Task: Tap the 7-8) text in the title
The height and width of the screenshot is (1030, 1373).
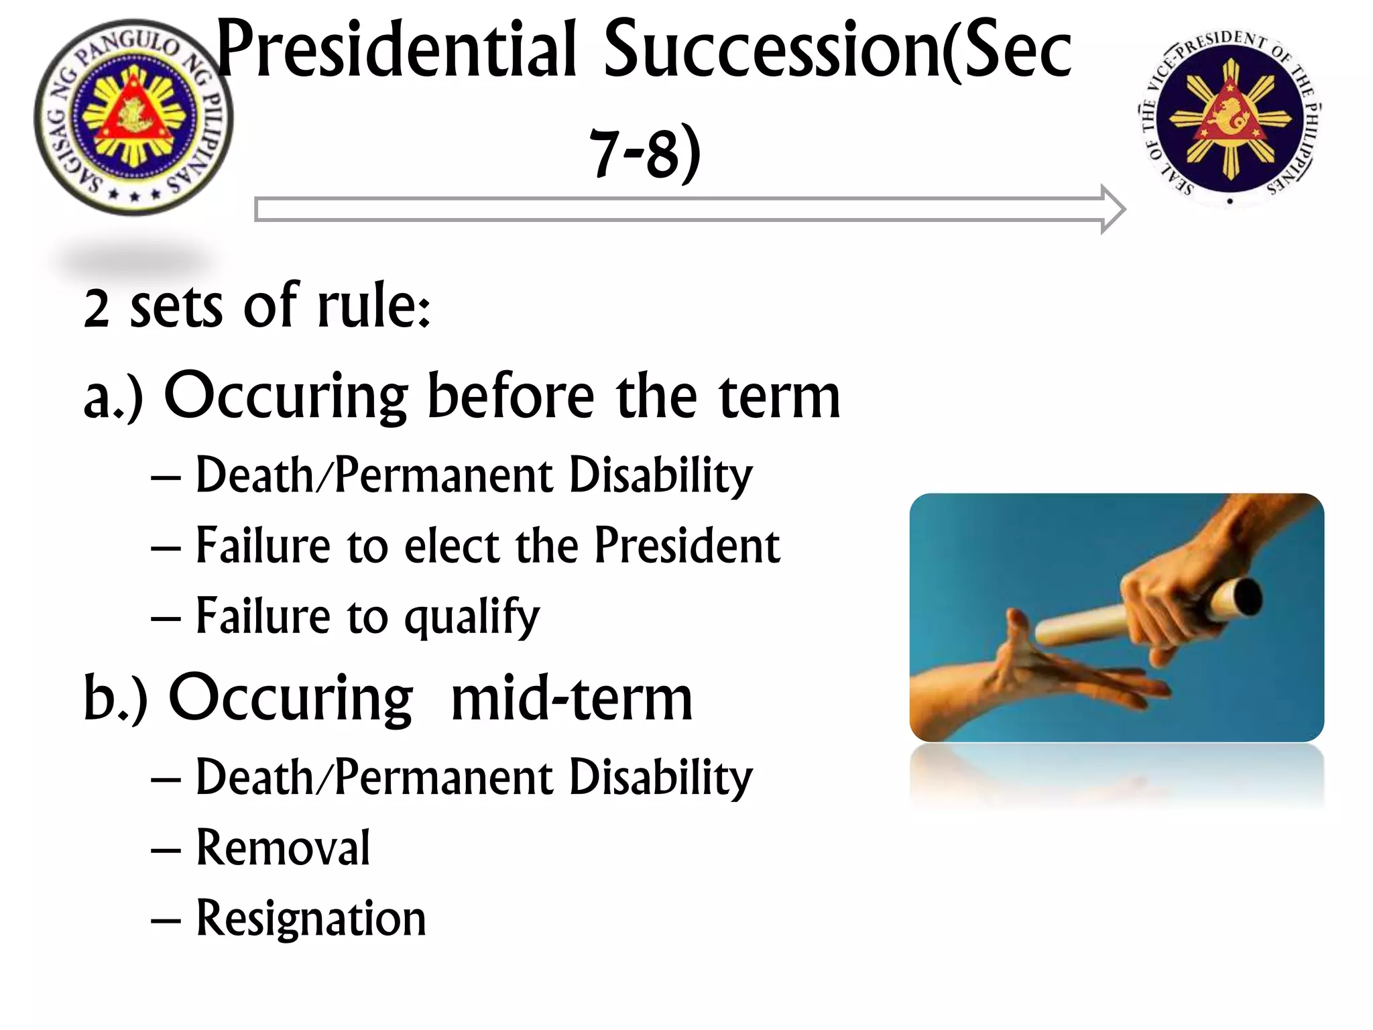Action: click(645, 154)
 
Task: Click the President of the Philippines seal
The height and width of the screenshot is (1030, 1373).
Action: click(133, 117)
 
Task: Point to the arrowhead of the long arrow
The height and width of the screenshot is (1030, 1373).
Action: click(1112, 209)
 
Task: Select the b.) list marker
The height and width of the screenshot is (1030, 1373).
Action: click(115, 699)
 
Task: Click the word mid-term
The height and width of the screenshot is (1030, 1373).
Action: click(571, 699)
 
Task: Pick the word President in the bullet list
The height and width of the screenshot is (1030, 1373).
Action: click(686, 545)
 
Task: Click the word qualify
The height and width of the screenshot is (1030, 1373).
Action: click(472, 616)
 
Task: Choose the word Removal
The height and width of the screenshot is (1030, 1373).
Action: click(283, 848)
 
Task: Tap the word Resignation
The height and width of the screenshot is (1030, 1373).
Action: click(311, 918)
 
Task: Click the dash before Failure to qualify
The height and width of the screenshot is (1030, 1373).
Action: click(166, 616)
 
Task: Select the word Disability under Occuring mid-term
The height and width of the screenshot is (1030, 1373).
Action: click(660, 778)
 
